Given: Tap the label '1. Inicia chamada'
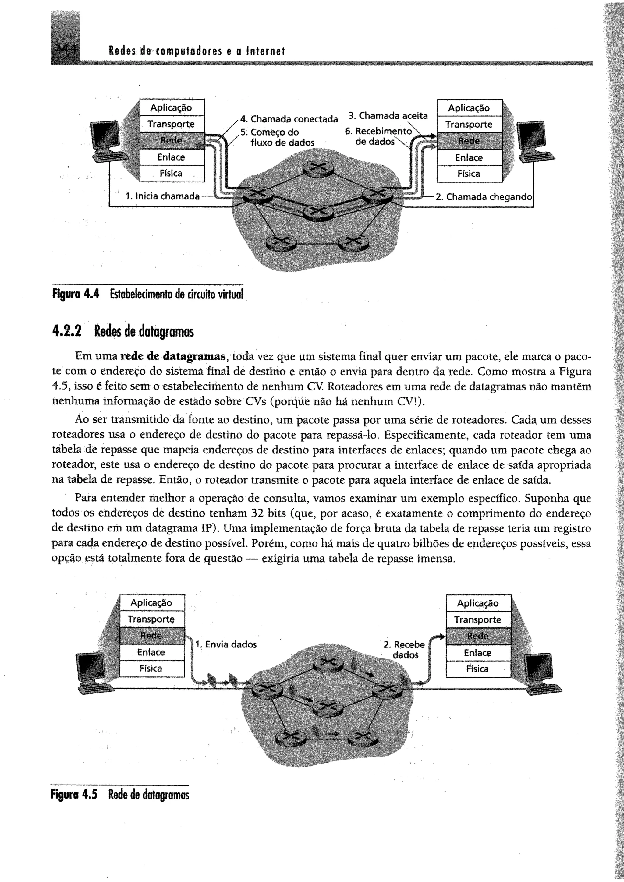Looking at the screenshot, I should tap(162, 196).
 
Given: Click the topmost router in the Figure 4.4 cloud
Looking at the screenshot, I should tap(318, 168).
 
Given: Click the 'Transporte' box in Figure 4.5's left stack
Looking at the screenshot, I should tap(152, 619).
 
